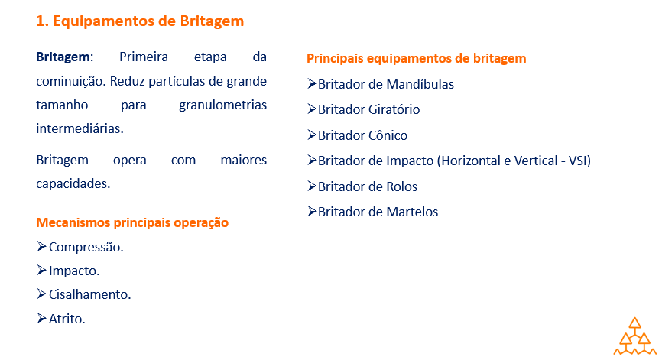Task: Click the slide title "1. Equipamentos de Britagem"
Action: click(140, 21)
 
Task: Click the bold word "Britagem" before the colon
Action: click(63, 57)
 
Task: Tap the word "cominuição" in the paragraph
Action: click(70, 81)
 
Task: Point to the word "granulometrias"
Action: click(222, 105)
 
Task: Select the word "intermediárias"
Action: click(79, 128)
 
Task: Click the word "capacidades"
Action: click(72, 184)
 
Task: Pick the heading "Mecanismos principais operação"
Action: click(132, 222)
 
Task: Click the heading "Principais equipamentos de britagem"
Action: click(417, 58)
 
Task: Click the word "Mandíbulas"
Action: click(420, 84)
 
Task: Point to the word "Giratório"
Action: click(394, 109)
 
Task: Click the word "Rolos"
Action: click(401, 186)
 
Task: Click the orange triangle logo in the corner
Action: click(635, 336)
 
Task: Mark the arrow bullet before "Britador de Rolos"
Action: click(312, 186)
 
